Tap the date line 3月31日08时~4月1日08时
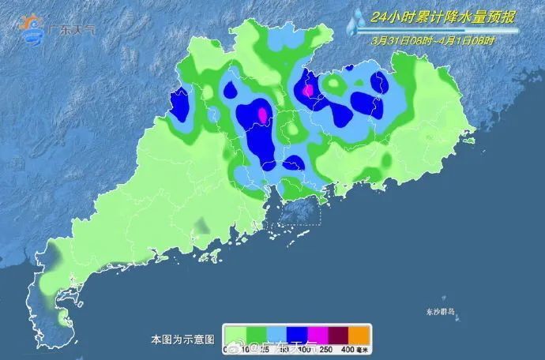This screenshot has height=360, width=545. (x=434, y=40)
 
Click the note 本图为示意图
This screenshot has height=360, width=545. (x=182, y=339)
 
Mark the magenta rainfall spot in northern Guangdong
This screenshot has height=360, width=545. (x=308, y=90)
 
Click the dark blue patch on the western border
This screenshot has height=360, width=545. (x=180, y=103)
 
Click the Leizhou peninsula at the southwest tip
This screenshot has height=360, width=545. (x=47, y=304)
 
